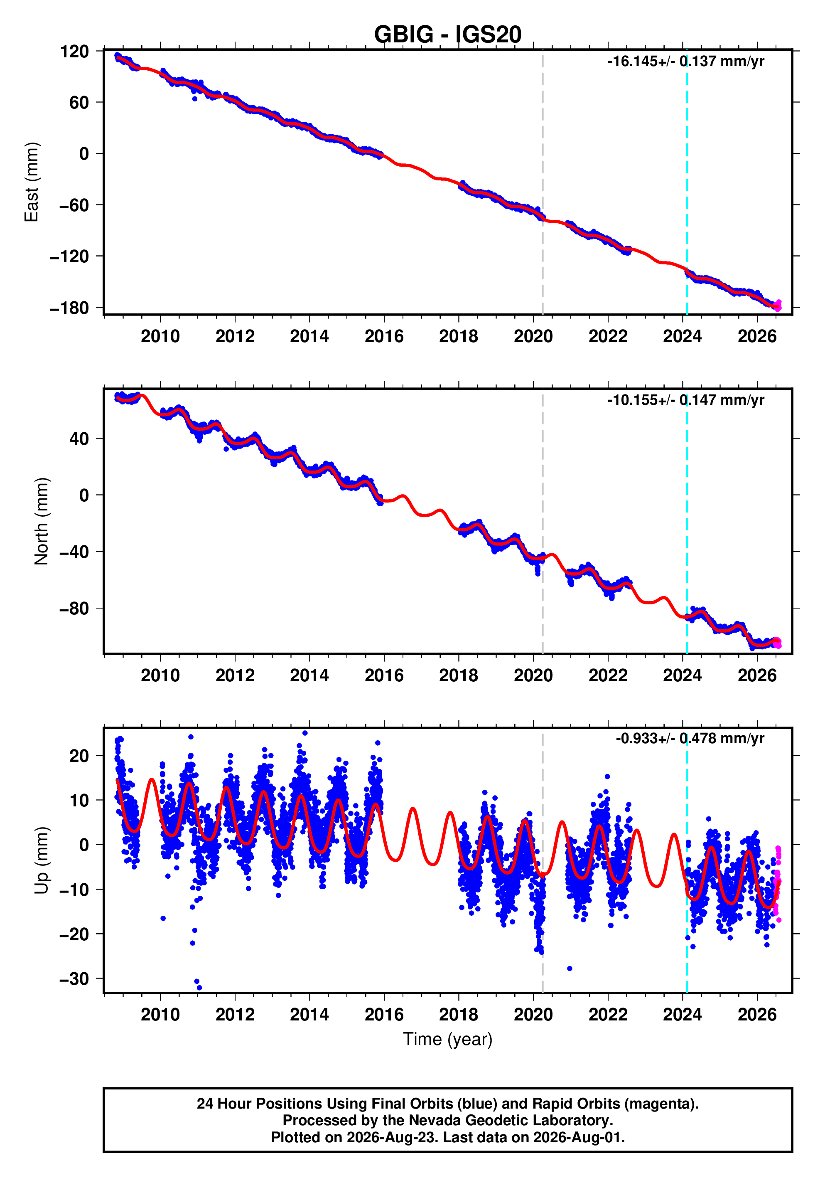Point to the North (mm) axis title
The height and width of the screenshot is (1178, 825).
pos(42,521)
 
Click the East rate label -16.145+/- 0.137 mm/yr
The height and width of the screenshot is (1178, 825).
pos(685,62)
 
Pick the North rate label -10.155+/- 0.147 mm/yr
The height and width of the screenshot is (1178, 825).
pos(685,400)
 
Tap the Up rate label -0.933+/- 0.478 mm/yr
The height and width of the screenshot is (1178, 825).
pos(690,739)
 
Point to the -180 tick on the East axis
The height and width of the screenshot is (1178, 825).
pos(69,308)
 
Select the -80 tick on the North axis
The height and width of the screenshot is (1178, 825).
pos(74,609)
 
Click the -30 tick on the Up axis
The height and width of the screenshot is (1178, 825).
pos(74,979)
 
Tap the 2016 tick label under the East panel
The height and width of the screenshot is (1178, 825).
pos(384,337)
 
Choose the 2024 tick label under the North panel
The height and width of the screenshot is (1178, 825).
pos(683,676)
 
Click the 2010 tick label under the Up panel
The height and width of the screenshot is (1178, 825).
pos(160,1014)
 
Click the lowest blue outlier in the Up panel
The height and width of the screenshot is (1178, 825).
pos(199,988)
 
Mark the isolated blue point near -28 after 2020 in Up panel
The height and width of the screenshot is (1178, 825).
pos(570,969)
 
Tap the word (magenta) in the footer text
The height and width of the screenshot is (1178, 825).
pos(665,1104)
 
